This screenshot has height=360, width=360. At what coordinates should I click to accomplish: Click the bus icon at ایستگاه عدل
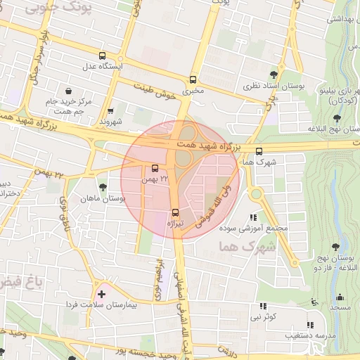click(x=103, y=56)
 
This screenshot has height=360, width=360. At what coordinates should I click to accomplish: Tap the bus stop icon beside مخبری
click(x=193, y=79)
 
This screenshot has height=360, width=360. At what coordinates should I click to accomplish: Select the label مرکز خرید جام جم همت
click(x=68, y=108)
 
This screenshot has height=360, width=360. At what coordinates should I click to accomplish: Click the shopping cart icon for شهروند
click(x=110, y=110)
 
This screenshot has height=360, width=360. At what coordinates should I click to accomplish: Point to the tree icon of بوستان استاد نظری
click(x=274, y=74)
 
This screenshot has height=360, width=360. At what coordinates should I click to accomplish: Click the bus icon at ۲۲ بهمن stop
click(x=155, y=167)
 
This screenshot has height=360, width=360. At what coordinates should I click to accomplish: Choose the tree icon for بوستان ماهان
click(x=103, y=187)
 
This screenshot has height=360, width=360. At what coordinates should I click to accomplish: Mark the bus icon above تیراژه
click(x=175, y=212)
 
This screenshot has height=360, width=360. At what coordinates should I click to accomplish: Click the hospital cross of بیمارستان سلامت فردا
click(x=101, y=293)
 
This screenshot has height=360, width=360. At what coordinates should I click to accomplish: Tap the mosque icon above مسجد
click(x=340, y=297)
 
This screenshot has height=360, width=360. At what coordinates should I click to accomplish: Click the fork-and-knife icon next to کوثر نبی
click(x=264, y=306)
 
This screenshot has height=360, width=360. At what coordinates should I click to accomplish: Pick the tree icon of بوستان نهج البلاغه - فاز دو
click(x=335, y=247)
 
